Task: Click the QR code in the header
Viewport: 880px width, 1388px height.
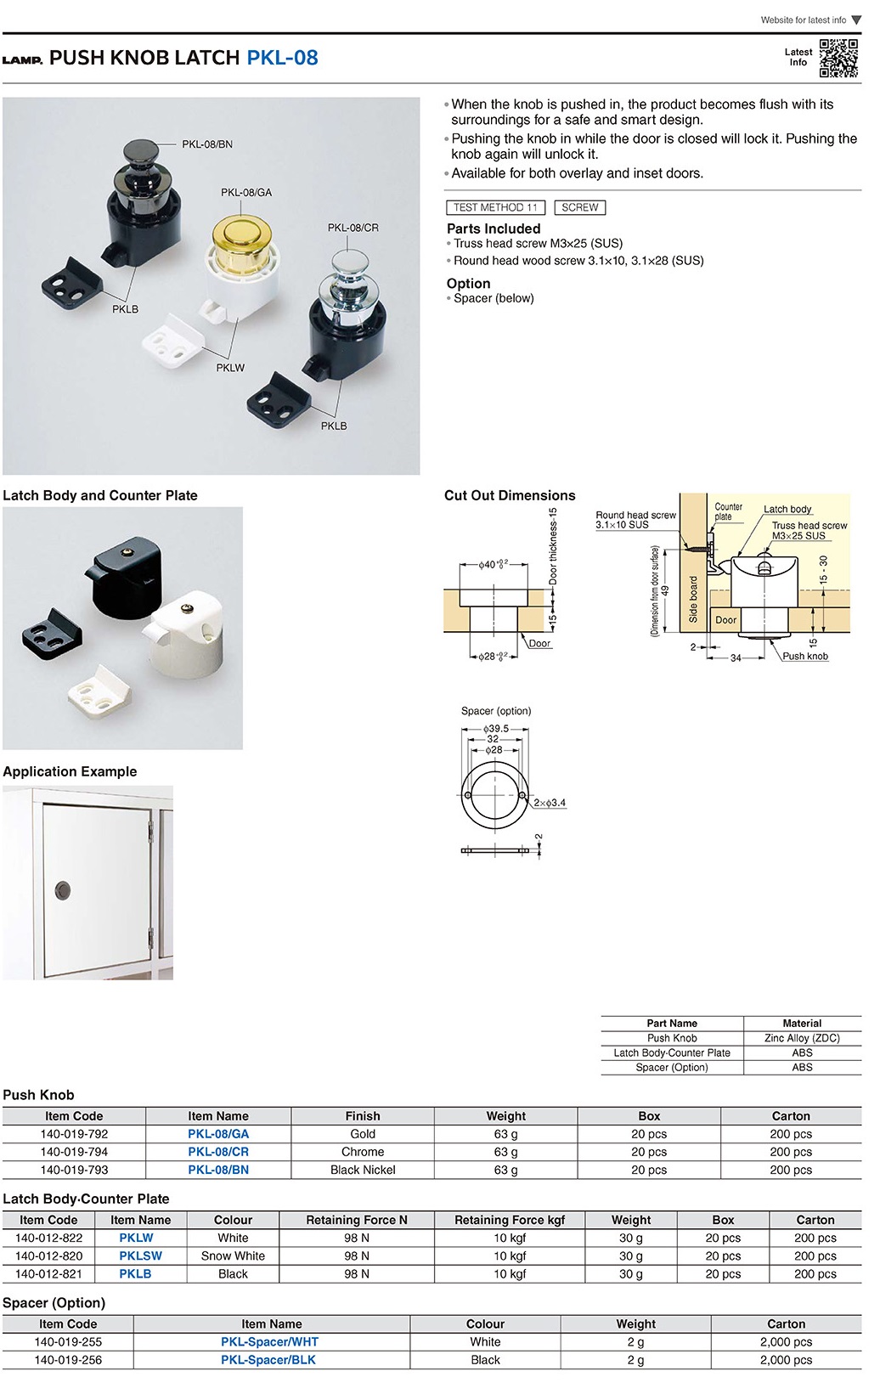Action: [x=838, y=58]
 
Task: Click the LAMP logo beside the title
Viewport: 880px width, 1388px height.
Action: [x=22, y=59]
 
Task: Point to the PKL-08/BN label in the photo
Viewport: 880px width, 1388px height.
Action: [x=207, y=144]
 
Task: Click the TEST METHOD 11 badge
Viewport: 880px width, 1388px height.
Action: [x=495, y=207]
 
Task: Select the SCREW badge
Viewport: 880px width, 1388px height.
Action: [x=579, y=207]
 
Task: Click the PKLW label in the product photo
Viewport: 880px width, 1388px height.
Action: [x=230, y=368]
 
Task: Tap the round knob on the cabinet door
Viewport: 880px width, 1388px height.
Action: [x=63, y=890]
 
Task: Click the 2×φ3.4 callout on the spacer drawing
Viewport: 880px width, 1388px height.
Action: [x=550, y=803]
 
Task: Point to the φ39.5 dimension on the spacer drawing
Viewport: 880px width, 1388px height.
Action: [x=496, y=729]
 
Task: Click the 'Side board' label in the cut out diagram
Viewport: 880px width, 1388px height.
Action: [x=693, y=600]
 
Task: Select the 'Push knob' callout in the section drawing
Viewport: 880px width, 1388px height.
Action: [x=805, y=656]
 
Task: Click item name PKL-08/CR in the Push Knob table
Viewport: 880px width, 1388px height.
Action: [x=218, y=1152]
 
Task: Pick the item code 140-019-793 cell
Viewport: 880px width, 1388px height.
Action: [x=74, y=1170]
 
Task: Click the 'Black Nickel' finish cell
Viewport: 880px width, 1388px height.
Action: [x=363, y=1170]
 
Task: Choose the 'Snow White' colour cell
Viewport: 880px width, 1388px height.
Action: [x=233, y=1255]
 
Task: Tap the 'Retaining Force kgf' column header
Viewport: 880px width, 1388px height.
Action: [x=510, y=1220]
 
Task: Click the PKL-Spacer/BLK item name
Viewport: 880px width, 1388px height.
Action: [x=268, y=1360]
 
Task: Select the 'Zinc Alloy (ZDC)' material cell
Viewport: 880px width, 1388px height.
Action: [x=802, y=1038]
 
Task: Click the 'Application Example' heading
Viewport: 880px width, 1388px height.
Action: [x=70, y=771]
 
